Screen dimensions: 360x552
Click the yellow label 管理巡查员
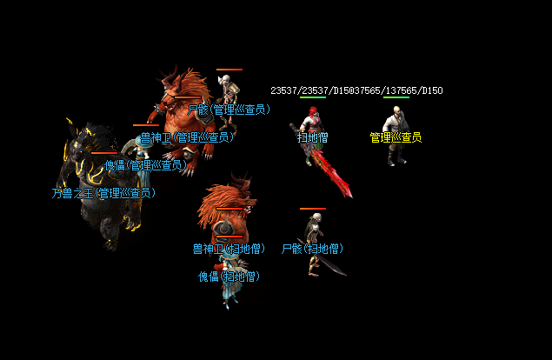click(396, 137)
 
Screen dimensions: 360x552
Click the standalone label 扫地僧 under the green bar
click(313, 137)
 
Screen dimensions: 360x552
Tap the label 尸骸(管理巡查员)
click(229, 110)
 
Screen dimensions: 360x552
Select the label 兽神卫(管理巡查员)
click(188, 137)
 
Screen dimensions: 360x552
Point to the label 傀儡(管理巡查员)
click(144, 164)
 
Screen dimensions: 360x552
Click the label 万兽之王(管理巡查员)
click(103, 193)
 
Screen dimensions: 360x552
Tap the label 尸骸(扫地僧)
click(313, 249)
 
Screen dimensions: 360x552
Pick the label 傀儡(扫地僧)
click(229, 277)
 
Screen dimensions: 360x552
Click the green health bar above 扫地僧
click(313, 97)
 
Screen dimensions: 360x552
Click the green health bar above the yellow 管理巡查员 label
click(396, 97)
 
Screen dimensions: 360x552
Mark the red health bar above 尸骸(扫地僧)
click(313, 209)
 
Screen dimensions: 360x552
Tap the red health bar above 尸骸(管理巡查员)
click(229, 70)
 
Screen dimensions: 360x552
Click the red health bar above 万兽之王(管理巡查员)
click(104, 153)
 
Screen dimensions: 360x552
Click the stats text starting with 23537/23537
click(356, 90)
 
